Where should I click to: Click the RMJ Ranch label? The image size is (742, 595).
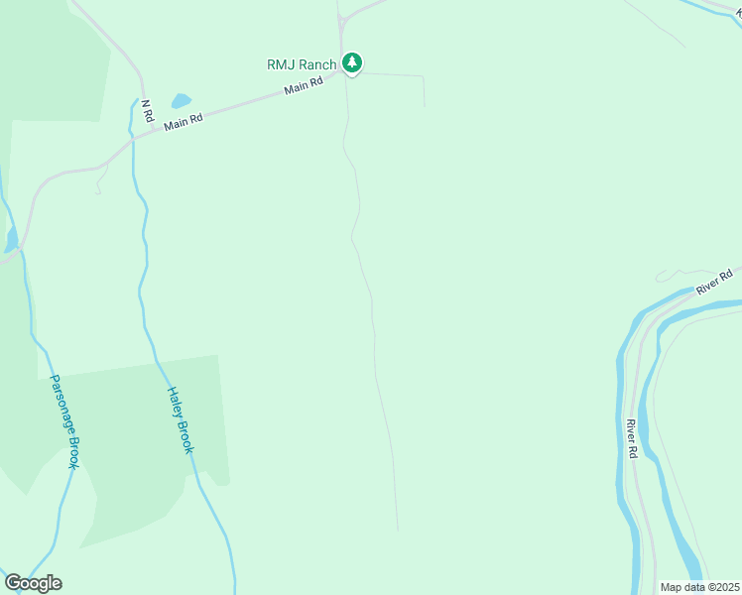pos(302,64)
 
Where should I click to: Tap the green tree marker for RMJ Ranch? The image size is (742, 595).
pos(351,63)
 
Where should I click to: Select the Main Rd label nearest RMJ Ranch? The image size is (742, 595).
pos(304,87)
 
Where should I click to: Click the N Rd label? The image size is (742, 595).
pos(147,111)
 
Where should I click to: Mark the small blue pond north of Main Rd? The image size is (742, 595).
pos(181,101)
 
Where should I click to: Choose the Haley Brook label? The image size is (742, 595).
pos(180,419)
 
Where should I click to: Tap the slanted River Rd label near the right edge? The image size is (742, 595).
pos(713,281)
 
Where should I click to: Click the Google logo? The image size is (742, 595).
pos(33,583)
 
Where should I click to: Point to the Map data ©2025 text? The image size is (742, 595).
pos(699,587)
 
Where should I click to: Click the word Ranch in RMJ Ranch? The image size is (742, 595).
pos(317,64)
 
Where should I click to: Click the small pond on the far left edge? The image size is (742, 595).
pos(11,239)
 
